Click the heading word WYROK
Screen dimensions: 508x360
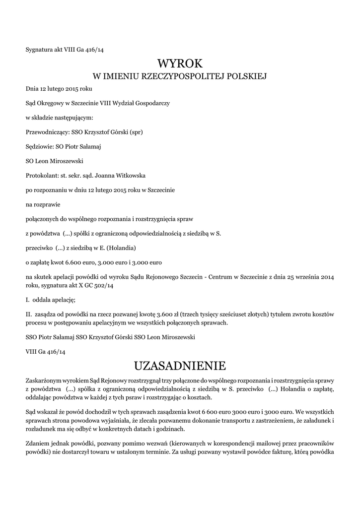tap(180, 63)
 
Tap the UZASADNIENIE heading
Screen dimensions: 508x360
tap(180, 366)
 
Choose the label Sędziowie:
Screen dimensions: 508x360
tap(38, 146)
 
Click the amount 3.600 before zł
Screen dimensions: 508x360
tap(166, 315)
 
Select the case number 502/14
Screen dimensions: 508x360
tap(103, 286)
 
